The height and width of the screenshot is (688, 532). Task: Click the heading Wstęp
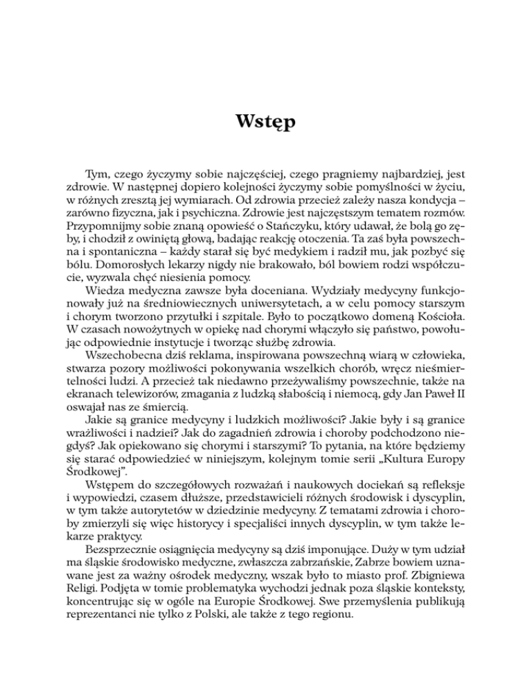click(x=266, y=125)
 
